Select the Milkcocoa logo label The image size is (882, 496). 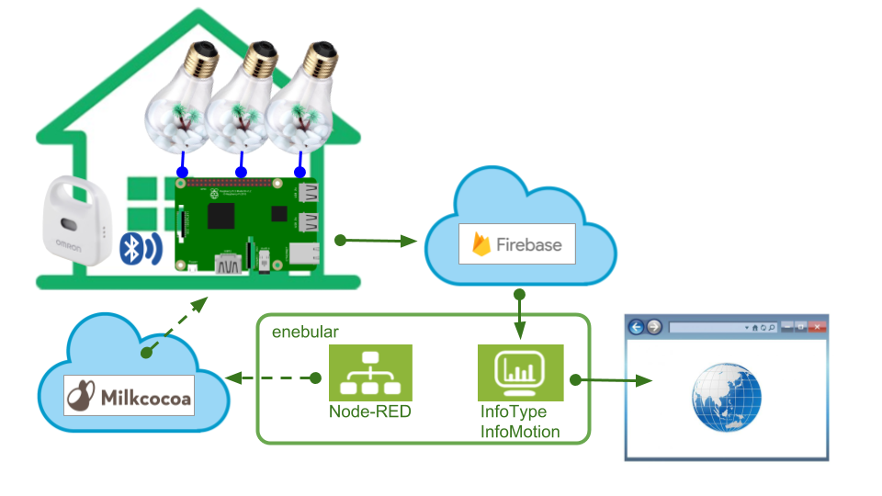[x=130, y=395]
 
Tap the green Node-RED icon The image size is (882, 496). [x=370, y=372]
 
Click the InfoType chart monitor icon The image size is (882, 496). [x=519, y=372]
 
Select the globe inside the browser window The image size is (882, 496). [x=726, y=398]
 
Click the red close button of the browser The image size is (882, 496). [x=816, y=327]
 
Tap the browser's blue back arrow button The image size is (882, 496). [x=635, y=327]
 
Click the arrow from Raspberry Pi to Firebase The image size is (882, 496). [x=377, y=242]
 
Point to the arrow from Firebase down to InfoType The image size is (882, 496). [x=520, y=317]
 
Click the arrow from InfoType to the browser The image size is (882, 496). [x=611, y=379]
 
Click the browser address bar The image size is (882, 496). [x=707, y=327]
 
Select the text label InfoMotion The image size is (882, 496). [x=520, y=431]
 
